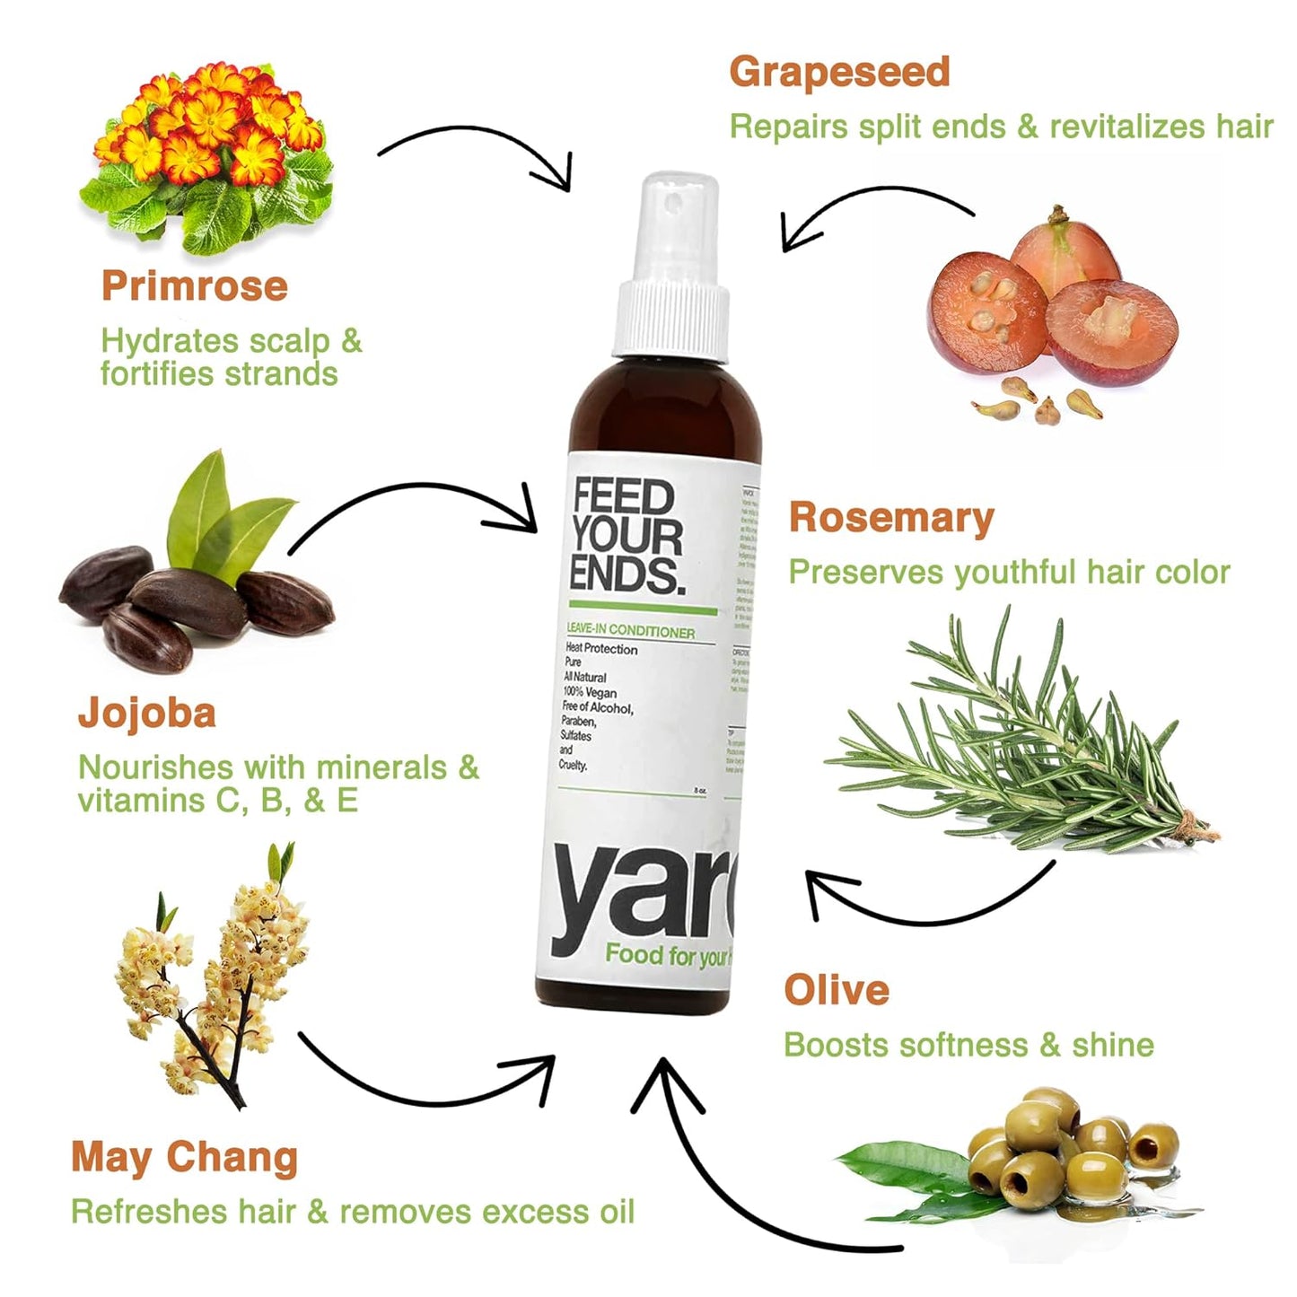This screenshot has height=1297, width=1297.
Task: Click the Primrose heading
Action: click(x=194, y=286)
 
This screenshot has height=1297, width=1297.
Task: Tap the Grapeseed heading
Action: click(x=838, y=72)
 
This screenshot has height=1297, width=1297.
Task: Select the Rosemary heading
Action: click(x=890, y=518)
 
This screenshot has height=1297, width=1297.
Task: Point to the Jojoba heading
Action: click(x=147, y=714)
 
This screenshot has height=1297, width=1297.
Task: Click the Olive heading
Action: click(x=836, y=990)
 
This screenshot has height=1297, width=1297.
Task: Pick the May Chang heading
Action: click(x=184, y=1158)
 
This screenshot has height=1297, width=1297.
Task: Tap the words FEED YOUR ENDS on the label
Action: click(x=627, y=536)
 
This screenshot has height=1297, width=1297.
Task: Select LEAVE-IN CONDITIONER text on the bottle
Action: click(x=630, y=632)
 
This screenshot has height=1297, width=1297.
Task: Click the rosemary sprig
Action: click(x=1023, y=736)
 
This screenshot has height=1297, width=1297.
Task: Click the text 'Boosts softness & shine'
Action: click(x=968, y=1045)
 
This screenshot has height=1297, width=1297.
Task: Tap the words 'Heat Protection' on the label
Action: click(x=601, y=649)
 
